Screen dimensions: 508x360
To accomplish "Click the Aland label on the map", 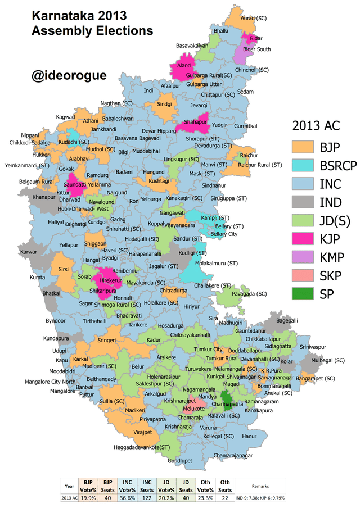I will coord(185,66).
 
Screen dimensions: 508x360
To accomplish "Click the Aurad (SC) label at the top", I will coord(254,19).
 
